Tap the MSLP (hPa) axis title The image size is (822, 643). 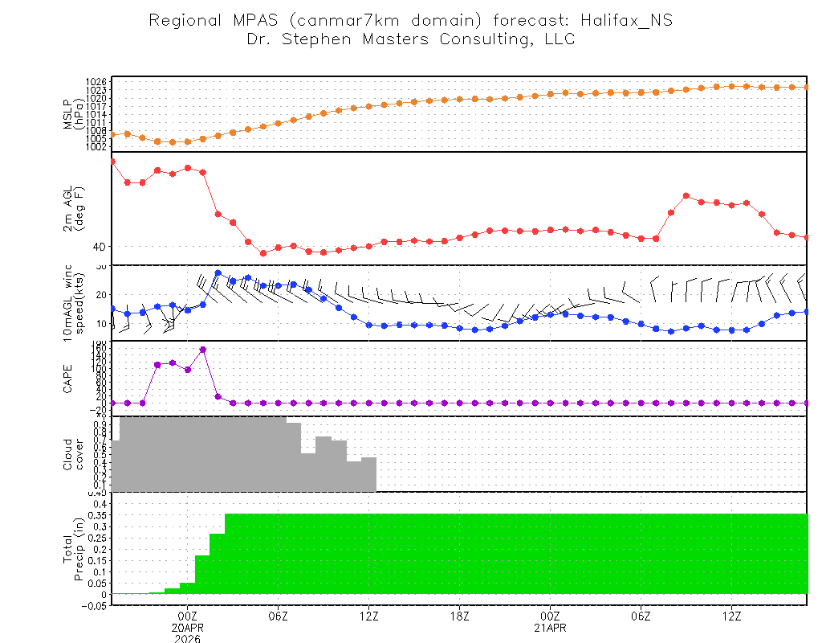click(74, 114)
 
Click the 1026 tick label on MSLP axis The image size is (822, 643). click(96, 82)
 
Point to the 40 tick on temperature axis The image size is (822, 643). click(98, 247)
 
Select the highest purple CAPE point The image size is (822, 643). click(203, 350)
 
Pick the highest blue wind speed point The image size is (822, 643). click(218, 273)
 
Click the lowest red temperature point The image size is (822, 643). click(263, 253)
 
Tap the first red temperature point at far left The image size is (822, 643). click(112, 162)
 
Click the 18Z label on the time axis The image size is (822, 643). click(459, 616)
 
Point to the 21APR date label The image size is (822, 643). click(550, 628)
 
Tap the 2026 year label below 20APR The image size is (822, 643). click(188, 639)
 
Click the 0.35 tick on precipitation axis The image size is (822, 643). click(96, 526)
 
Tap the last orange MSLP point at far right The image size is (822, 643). click(807, 87)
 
